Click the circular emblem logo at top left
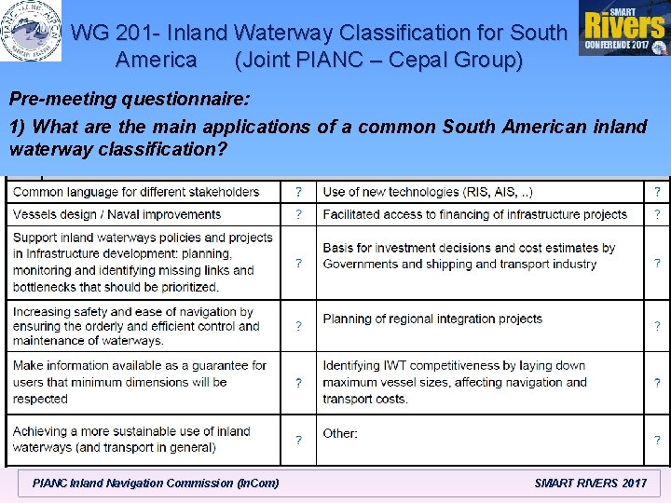coord(31,30)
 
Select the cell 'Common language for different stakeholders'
coord(136,192)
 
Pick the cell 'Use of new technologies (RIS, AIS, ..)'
coord(428,192)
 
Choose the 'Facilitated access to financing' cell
coord(474,214)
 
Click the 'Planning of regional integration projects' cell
coord(432,319)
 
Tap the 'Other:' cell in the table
coord(340,433)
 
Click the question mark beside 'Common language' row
coord(298,192)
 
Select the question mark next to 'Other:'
coord(657,440)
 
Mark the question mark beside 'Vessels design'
coord(298,214)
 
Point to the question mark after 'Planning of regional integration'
coord(657,326)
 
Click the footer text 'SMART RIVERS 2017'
coord(591,483)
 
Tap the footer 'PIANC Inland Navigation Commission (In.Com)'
coord(155,483)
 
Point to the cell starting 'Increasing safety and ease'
coord(137,326)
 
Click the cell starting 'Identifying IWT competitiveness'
coord(455,382)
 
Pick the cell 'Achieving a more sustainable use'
coord(131,439)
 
